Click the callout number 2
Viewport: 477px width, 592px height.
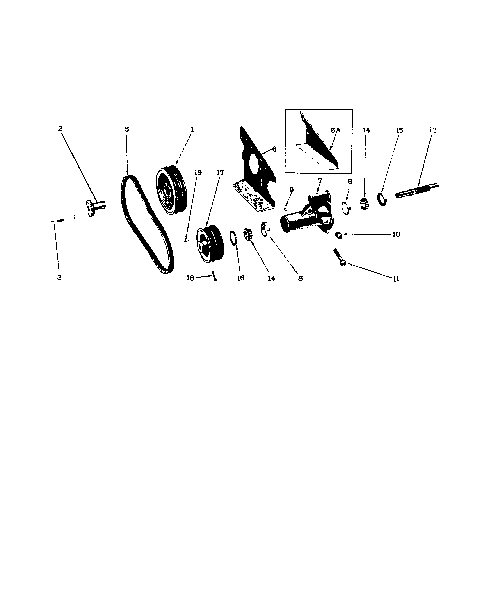60,129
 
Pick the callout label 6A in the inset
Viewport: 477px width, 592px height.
335,130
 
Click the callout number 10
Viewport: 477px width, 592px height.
396,234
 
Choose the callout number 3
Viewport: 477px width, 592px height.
59,278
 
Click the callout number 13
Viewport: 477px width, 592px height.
433,130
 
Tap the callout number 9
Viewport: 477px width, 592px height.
292,190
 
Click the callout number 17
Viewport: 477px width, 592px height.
220,173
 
